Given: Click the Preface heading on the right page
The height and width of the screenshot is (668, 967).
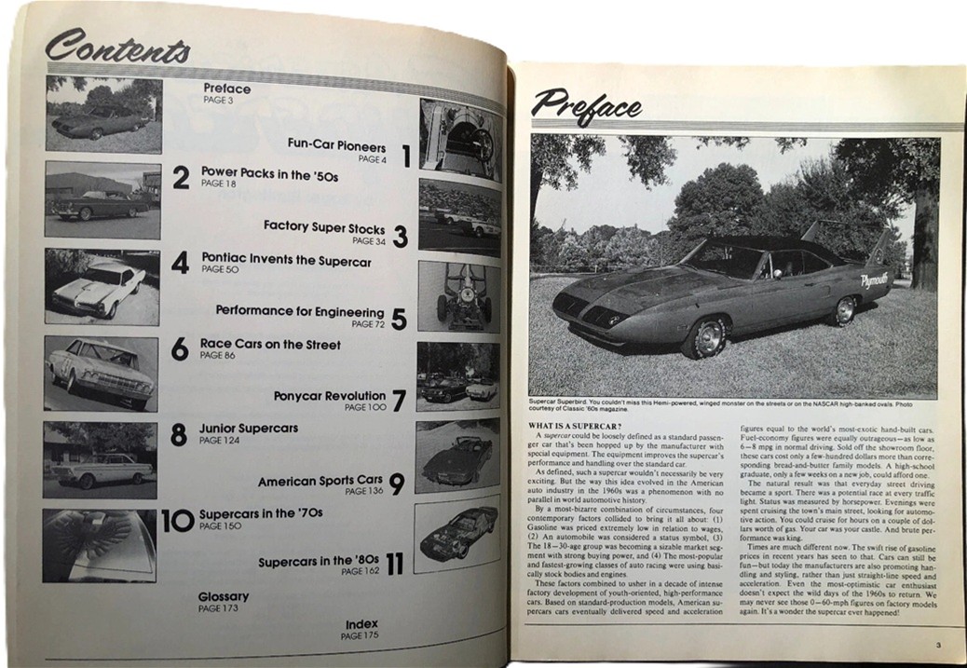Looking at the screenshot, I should (587, 105).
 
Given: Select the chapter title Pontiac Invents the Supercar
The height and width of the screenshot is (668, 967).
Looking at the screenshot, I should (285, 262).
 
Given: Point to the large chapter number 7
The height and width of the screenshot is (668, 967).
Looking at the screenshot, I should (399, 401).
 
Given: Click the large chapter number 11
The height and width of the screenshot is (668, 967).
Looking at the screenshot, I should (394, 563).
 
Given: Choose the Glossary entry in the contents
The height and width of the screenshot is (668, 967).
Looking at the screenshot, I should (224, 596).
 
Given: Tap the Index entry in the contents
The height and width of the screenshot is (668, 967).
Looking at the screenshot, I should (361, 624).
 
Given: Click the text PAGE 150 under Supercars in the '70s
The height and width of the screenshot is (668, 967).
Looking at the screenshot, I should (219, 526).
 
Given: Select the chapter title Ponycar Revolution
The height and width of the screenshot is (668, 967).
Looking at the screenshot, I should (330, 396).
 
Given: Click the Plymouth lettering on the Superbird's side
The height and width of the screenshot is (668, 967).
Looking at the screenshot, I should (874, 279).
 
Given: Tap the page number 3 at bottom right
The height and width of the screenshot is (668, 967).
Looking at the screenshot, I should (940, 644).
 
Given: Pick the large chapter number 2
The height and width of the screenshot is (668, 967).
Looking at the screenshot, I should (181, 177).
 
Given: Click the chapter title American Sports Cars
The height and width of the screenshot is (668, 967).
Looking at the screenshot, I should (320, 482).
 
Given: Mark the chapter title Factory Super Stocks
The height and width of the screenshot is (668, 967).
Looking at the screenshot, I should (322, 226).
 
